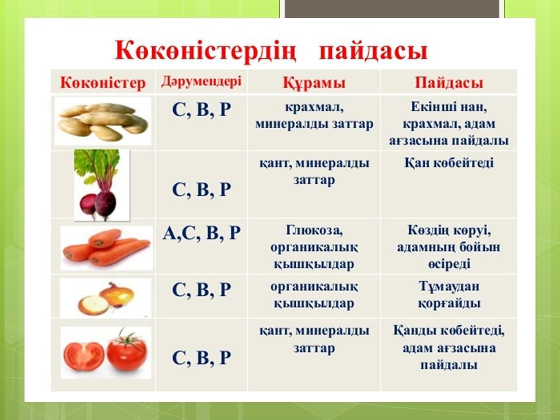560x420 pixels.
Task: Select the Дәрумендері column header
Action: point(201,82)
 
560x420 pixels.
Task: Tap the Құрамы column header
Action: point(314,82)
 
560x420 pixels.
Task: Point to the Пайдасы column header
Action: point(449,82)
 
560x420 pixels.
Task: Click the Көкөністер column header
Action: point(103,82)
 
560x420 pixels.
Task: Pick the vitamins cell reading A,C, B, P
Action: point(201,233)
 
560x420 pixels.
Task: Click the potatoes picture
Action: point(103,121)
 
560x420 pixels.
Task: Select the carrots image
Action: point(106,247)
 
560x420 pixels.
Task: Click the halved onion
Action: point(93,305)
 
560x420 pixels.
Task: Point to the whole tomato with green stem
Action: point(127,351)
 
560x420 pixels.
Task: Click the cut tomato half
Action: point(84,356)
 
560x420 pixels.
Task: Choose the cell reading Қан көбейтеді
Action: point(449,163)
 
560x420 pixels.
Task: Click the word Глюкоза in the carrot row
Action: point(314,230)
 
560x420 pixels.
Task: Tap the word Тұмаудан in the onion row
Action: point(449,286)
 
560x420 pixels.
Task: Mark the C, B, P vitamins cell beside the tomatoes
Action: point(201,358)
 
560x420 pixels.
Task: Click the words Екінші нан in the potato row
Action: point(449,107)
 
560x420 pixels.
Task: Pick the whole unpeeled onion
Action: point(118,294)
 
